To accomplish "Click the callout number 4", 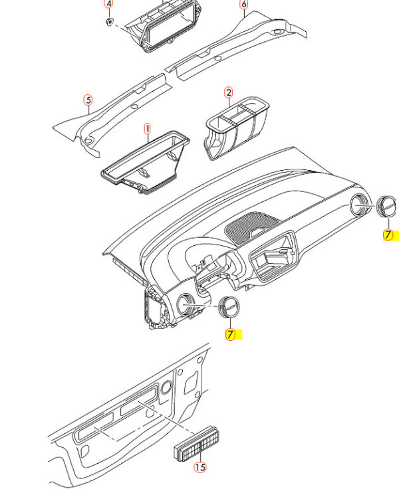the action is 108,4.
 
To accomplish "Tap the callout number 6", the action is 243,5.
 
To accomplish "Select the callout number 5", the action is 88,100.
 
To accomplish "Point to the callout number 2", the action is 228,93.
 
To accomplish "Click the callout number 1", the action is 147,129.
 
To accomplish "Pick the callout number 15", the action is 200,467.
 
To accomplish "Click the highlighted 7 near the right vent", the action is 388,235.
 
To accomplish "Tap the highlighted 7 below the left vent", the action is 230,334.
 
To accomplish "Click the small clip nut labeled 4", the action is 109,21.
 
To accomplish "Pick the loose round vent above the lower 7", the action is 229,307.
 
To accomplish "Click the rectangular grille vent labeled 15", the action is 196,444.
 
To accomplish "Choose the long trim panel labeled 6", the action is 235,45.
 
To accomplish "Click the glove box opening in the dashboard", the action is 273,256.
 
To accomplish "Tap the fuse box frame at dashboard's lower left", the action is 156,308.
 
